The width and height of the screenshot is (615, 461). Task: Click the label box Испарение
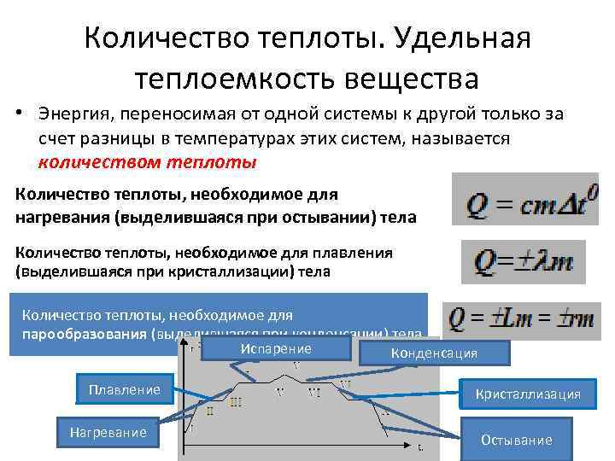(x=276, y=349)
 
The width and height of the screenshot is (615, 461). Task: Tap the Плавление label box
(x=124, y=390)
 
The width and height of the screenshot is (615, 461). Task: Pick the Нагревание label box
(x=108, y=433)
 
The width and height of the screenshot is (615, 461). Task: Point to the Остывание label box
(x=516, y=440)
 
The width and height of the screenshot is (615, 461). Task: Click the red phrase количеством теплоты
(x=147, y=161)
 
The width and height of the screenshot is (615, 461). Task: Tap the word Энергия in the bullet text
(x=74, y=114)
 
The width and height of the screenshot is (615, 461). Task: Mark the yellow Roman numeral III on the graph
(x=236, y=402)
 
